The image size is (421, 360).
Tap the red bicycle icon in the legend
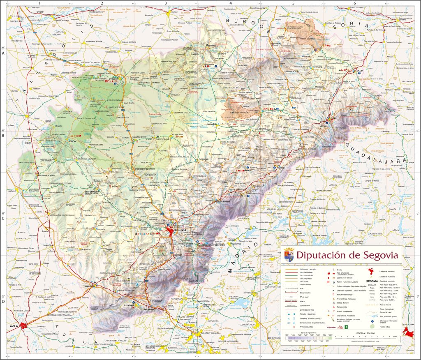(340, 328)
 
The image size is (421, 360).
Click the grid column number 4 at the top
(230, 3)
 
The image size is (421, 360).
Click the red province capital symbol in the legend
(372, 272)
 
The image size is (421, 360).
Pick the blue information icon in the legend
(372, 321)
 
